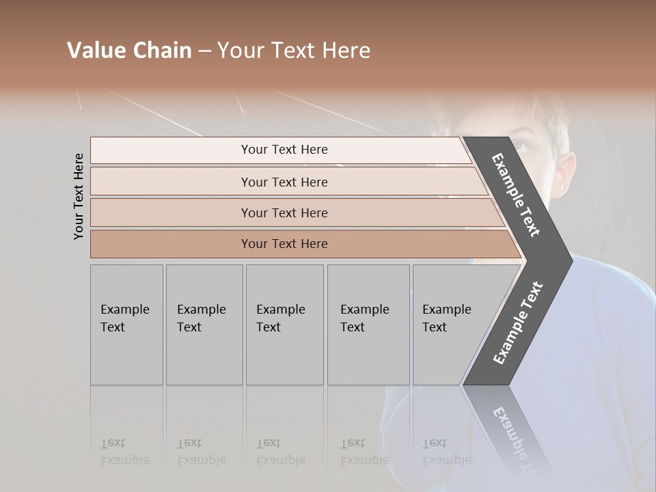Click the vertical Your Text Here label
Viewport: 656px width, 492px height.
tap(79, 196)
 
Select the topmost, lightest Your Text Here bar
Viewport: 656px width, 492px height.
tap(284, 150)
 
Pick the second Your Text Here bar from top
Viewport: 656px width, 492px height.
tap(284, 182)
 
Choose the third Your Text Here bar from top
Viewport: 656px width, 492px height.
tap(284, 213)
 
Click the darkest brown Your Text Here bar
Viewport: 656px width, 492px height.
tap(284, 244)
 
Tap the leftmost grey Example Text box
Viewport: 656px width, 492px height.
tap(126, 325)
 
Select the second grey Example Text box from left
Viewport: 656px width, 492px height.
tap(204, 325)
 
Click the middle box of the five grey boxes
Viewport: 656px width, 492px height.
tap(284, 325)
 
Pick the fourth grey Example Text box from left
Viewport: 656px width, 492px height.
tap(368, 325)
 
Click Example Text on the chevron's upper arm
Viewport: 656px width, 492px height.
tap(516, 195)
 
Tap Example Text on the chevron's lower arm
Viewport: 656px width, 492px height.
tap(518, 323)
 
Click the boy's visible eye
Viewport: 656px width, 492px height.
tap(521, 145)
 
